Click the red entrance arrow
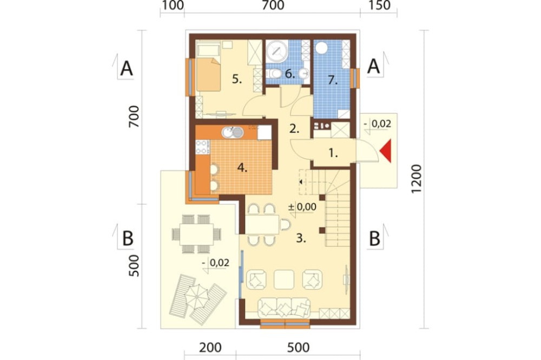pos(387,151)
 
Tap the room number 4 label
pos(242,168)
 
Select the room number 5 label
pos(237,79)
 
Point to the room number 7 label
pos(332,81)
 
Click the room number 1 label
pos(333,153)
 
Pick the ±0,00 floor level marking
pos(302,207)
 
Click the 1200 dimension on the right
pos(417,179)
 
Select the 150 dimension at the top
pos(379,5)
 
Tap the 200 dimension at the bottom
pos(210,348)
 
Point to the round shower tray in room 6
pos(276,51)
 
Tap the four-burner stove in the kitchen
pos(202,147)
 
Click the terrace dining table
pos(196,234)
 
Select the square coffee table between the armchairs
pos(284,279)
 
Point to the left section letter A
pos(126,69)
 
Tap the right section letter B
pos(375,238)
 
